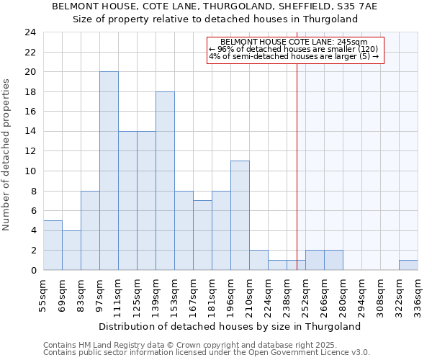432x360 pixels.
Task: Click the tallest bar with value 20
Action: pyautogui.click(x=109, y=171)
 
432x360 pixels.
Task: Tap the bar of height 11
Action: pyautogui.click(x=240, y=215)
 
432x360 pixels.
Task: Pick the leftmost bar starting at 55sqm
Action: pyautogui.click(x=53, y=245)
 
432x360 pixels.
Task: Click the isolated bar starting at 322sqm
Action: pyautogui.click(x=408, y=265)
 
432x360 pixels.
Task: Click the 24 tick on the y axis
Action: pyautogui.click(x=30, y=32)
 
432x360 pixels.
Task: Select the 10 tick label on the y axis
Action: pyautogui.click(x=30, y=171)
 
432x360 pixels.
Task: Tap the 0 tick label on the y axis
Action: pyautogui.click(x=33, y=270)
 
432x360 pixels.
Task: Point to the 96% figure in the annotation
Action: pyautogui.click(x=222, y=49)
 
